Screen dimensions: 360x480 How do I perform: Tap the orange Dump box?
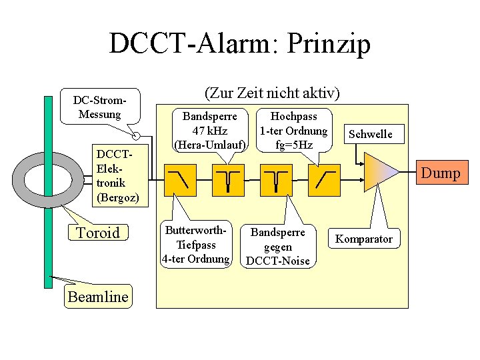click(440, 174)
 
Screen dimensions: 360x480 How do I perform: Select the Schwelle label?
click(371, 134)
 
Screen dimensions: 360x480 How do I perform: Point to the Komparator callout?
click(364, 239)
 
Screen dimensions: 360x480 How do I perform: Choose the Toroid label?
click(98, 233)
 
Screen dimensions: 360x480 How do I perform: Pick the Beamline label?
click(98, 297)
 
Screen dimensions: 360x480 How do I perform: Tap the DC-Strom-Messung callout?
click(100, 107)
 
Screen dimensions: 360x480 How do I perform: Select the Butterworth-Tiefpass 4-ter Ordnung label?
click(197, 245)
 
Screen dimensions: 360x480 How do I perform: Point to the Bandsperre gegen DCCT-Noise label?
click(278, 246)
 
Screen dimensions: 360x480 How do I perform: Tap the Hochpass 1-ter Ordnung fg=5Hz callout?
click(293, 129)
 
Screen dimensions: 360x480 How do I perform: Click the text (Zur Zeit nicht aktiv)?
click(271, 93)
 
